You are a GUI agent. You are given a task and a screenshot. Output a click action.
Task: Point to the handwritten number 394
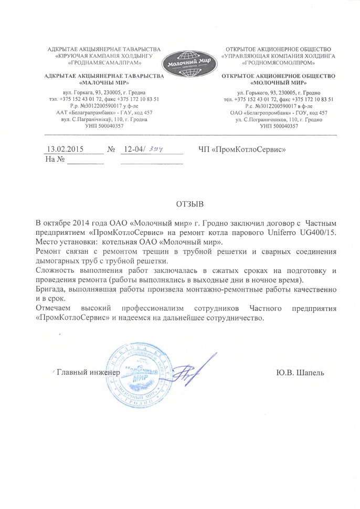[x=156, y=149]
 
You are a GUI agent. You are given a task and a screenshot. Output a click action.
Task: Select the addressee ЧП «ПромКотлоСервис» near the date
[x=242, y=149]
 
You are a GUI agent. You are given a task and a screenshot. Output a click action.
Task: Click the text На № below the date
[x=55, y=159]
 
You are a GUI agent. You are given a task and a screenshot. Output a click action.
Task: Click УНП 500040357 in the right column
[x=279, y=126]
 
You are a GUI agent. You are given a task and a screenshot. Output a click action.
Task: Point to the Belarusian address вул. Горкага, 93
[x=86, y=91]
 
